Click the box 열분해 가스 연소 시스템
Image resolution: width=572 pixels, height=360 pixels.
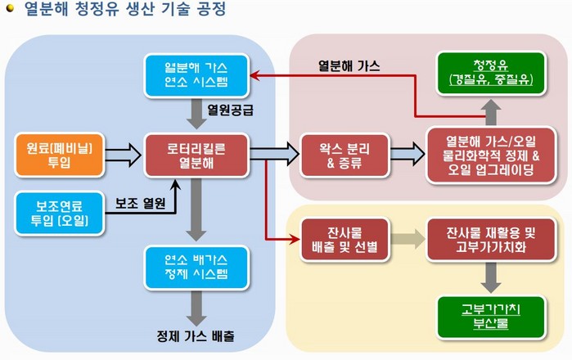point(196,74)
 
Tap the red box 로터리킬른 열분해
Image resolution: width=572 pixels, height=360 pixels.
point(196,155)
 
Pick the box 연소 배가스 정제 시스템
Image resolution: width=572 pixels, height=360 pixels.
point(196,264)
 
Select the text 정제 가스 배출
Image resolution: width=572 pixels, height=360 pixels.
point(196,336)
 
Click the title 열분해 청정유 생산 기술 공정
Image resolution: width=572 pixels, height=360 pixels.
point(123,11)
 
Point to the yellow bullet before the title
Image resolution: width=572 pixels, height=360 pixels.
point(9,11)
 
